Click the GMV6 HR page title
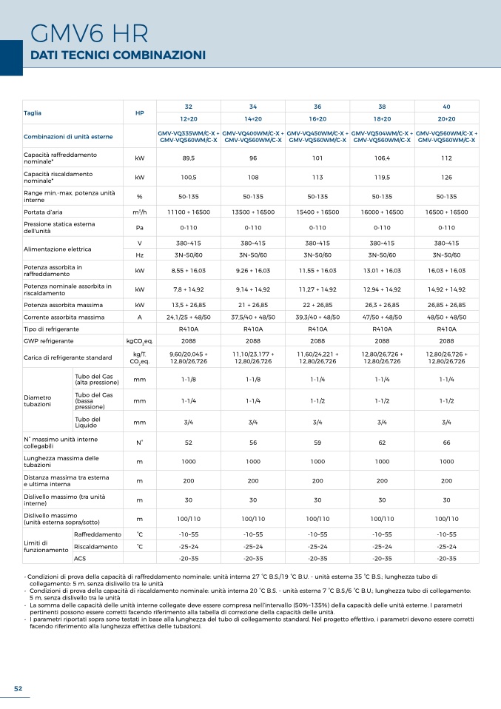click(x=89, y=33)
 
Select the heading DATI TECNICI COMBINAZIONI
click(x=118, y=56)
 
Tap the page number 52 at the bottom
click(x=18, y=688)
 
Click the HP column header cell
click(x=140, y=112)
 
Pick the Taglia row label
click(x=33, y=112)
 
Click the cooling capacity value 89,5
click(x=189, y=158)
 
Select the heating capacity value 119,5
click(x=382, y=178)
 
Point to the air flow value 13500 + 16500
click(x=253, y=212)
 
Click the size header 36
click(x=317, y=107)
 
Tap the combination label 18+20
click(x=382, y=119)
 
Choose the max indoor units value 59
click(x=317, y=443)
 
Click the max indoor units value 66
click(x=447, y=443)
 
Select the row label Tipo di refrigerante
click(x=51, y=329)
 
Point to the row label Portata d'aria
click(x=43, y=212)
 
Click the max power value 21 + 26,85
click(x=253, y=305)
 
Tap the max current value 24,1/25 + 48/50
click(x=189, y=317)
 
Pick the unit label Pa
click(x=140, y=227)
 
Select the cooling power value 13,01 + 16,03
click(x=382, y=270)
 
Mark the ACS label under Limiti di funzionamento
click(x=80, y=559)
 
